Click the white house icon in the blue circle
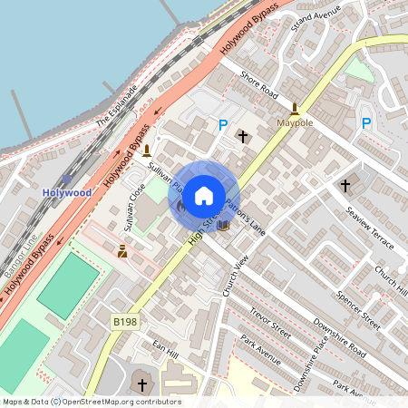[x=204, y=194]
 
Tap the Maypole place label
[x=295, y=121]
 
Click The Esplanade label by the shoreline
[x=116, y=108]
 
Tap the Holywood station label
[x=67, y=192]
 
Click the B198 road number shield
[x=125, y=322]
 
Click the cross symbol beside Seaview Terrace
[x=345, y=185]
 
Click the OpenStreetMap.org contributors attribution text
[x=122, y=401]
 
